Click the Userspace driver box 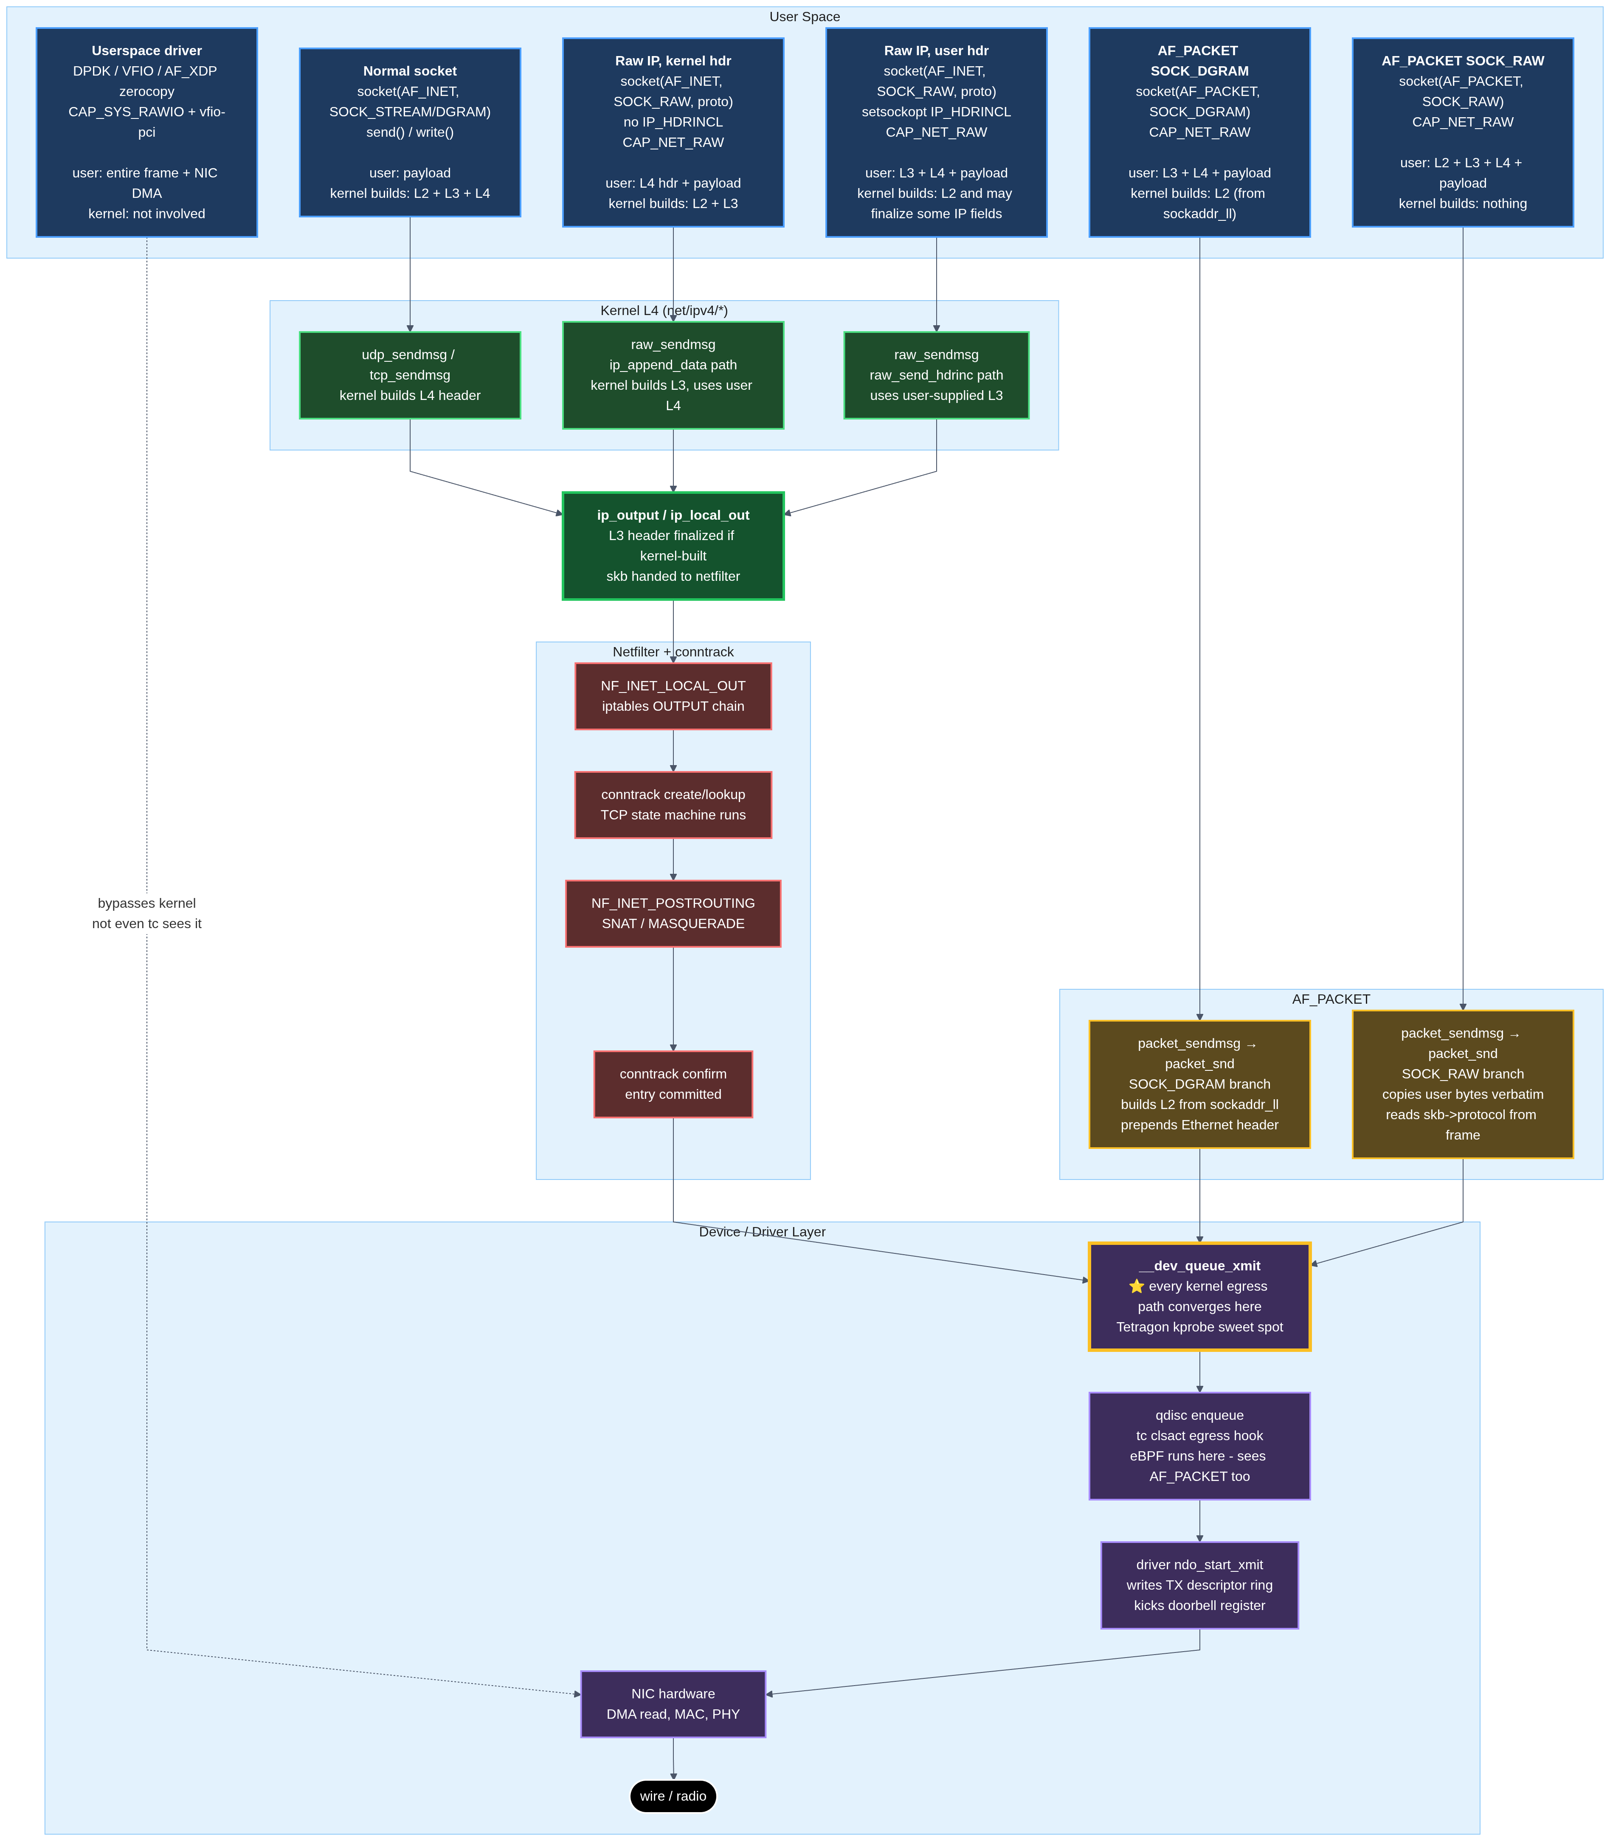click(146, 132)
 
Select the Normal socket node click(410, 132)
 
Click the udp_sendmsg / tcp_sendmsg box click(410, 374)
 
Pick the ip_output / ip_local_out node click(673, 546)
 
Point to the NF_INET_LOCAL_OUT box click(673, 695)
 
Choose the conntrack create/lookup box click(673, 804)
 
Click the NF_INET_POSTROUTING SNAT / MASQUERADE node click(673, 913)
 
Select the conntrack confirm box click(673, 1084)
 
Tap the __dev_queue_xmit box click(1199, 1295)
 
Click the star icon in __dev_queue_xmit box click(1137, 1286)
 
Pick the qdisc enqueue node click(1199, 1445)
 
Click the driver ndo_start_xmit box click(1199, 1585)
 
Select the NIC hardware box click(673, 1703)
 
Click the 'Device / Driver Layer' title click(762, 1232)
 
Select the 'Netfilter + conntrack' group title click(673, 651)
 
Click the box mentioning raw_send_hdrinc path click(936, 374)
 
